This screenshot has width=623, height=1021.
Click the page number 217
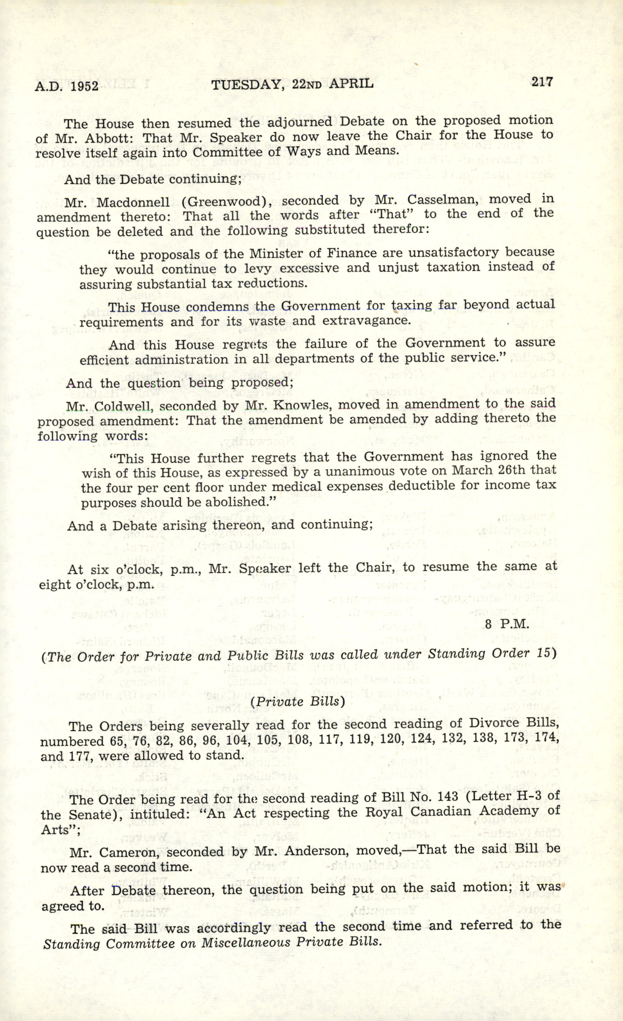(x=541, y=82)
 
